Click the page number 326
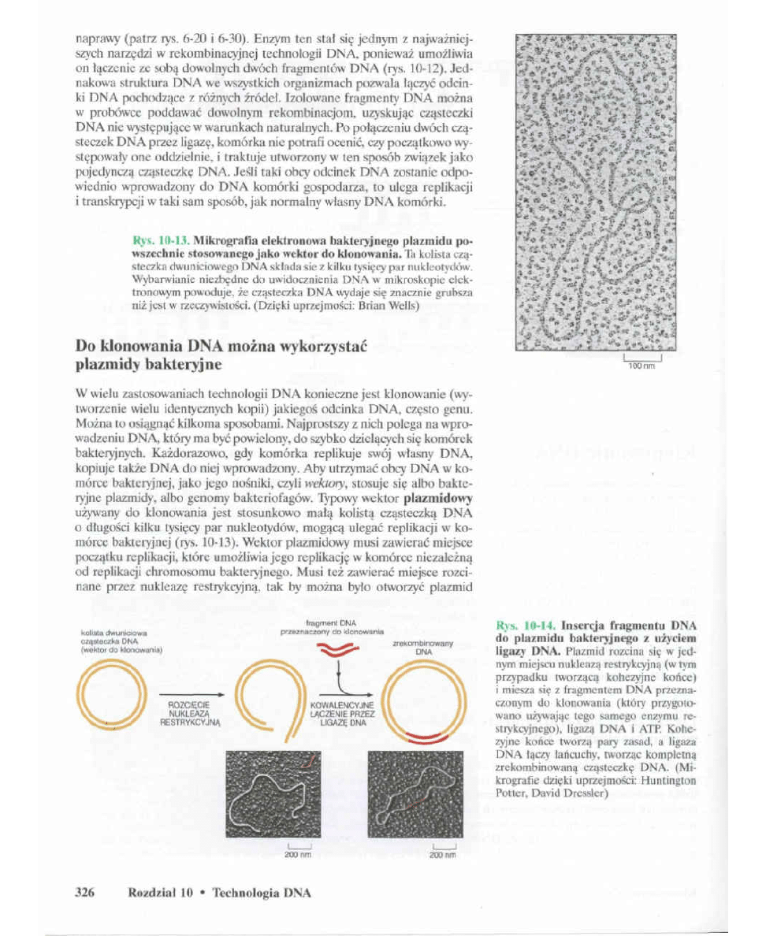84,892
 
